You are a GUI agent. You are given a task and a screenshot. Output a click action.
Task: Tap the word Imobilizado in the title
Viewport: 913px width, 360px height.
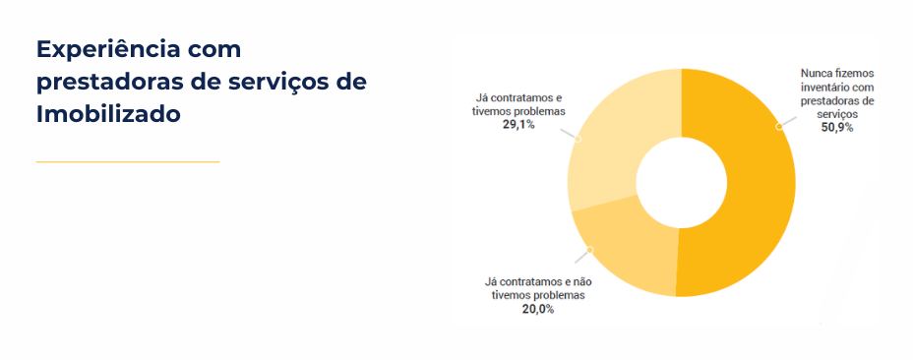pyautogui.click(x=108, y=114)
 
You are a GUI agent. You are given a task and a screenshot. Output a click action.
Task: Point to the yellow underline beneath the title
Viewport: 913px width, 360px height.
pyautogui.click(x=128, y=161)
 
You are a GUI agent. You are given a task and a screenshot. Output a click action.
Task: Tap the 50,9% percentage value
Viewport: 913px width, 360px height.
pyautogui.click(x=837, y=128)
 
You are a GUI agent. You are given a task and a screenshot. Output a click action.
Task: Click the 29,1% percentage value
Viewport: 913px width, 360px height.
pyautogui.click(x=517, y=125)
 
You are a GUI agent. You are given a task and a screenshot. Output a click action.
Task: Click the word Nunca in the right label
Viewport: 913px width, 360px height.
pyautogui.click(x=817, y=73)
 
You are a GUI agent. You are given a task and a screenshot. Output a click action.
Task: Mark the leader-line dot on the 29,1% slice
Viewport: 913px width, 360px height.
pyautogui.click(x=578, y=139)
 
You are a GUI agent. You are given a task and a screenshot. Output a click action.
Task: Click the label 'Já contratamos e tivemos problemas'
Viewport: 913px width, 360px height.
pyautogui.click(x=517, y=104)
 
